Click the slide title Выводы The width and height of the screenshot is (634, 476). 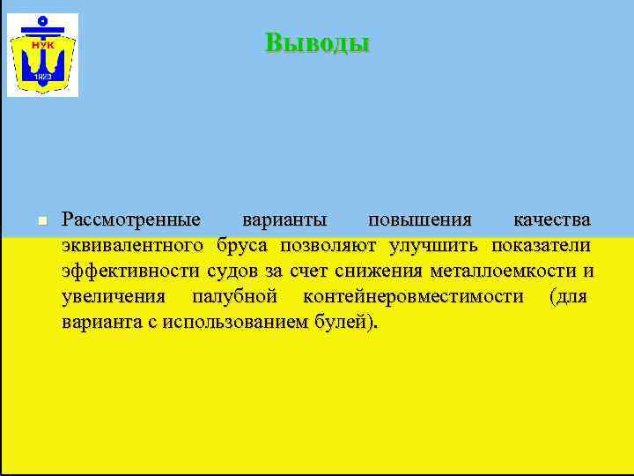pos(317,43)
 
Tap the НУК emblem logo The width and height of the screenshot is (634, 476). pos(42,55)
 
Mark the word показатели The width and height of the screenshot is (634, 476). pos(541,244)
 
